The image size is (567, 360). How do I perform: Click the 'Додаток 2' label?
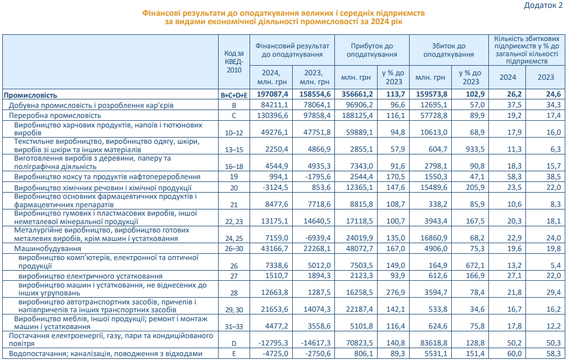click(543, 6)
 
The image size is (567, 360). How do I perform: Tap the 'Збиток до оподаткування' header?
click(448, 50)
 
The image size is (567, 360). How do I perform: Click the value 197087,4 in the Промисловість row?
click(272, 95)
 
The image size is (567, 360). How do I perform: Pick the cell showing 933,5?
click(470, 150)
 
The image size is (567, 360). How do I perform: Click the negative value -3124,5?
click(276, 188)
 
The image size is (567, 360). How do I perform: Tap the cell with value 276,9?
click(394, 292)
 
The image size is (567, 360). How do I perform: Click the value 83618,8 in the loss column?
click(432, 343)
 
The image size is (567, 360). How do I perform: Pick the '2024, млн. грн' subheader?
click(273, 77)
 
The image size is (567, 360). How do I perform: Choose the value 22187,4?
click(356, 309)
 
